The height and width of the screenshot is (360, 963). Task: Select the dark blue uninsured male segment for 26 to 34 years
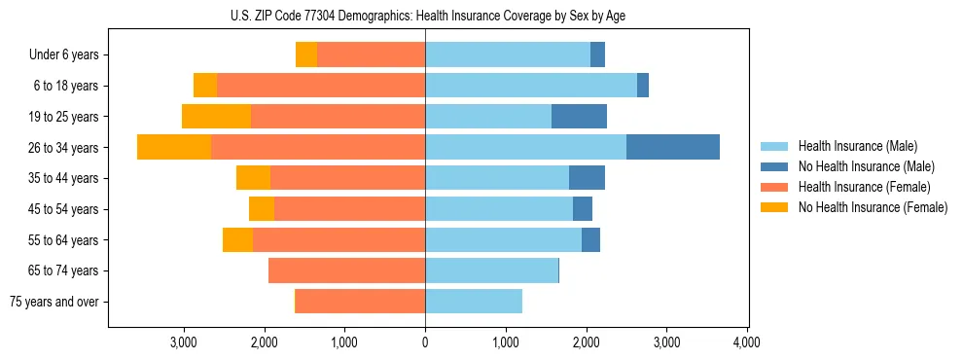tap(673, 147)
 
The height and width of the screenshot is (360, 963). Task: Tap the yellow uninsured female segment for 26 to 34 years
tap(174, 147)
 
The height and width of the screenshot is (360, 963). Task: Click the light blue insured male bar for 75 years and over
tap(474, 302)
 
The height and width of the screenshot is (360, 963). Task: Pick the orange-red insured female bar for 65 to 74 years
tap(346, 270)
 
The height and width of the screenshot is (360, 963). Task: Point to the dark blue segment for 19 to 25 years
tap(579, 117)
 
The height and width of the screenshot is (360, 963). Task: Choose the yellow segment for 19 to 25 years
tap(216, 117)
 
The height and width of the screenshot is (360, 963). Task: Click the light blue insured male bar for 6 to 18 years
tap(531, 86)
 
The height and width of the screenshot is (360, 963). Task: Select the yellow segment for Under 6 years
tap(306, 54)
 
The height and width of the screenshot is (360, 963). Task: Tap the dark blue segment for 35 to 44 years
tap(587, 178)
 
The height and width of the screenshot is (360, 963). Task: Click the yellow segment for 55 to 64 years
tap(237, 240)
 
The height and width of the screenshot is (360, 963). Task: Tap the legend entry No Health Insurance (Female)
tap(872, 207)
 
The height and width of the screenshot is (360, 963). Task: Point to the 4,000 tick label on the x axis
tap(746, 342)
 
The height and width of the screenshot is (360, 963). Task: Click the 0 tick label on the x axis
tap(425, 342)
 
